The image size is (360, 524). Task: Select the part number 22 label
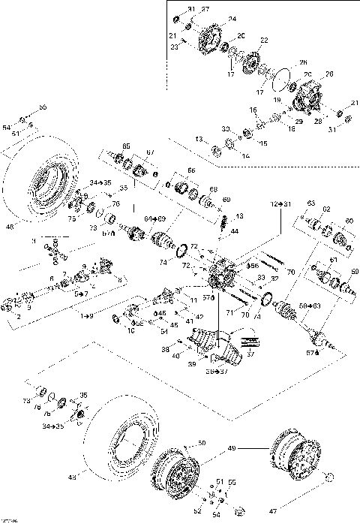pos(263,40)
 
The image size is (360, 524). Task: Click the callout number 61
pos(333,260)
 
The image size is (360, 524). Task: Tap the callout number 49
pos(231,448)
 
